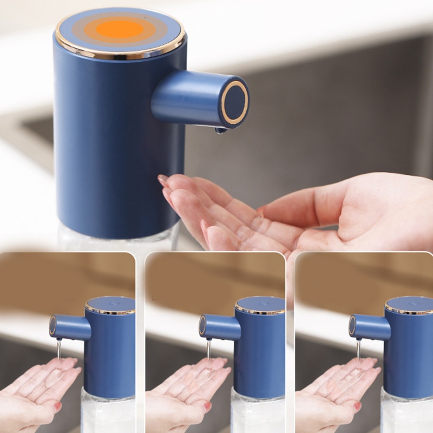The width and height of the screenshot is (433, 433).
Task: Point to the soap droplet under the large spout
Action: (x=220, y=130)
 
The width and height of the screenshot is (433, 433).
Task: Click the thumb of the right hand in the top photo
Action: (x=303, y=203)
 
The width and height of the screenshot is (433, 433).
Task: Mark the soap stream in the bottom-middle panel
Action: (x=208, y=352)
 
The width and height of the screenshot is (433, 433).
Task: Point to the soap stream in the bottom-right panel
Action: (x=358, y=352)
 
